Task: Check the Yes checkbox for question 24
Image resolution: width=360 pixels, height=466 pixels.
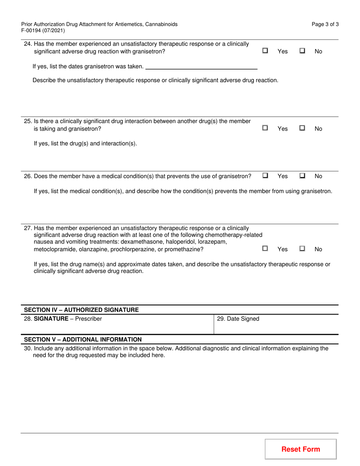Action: coord(265,50)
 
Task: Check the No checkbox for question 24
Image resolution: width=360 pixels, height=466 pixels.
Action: coord(302,50)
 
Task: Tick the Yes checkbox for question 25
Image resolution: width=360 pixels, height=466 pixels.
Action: coord(265,128)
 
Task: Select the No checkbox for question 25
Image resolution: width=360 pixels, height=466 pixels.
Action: coord(302,128)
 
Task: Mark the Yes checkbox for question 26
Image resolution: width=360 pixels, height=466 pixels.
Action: coord(265,175)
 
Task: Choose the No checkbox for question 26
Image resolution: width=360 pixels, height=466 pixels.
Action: coord(302,175)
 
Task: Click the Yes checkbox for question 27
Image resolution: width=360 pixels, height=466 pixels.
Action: coord(265,249)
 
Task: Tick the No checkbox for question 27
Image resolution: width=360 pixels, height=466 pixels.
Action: coord(302,249)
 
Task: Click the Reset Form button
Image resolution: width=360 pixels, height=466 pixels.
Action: coord(301,449)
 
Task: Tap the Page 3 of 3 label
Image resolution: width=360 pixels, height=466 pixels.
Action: coord(325,24)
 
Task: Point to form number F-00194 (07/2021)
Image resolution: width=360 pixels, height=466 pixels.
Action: coord(43,31)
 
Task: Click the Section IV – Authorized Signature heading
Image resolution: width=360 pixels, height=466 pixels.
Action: coord(81,310)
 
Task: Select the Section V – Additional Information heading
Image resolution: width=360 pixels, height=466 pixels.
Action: coord(83,339)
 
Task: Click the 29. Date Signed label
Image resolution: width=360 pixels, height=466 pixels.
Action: coord(238,319)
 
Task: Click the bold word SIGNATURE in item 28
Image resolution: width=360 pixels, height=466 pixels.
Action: coord(52,319)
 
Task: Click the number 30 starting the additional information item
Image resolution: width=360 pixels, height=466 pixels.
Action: coord(27,348)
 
